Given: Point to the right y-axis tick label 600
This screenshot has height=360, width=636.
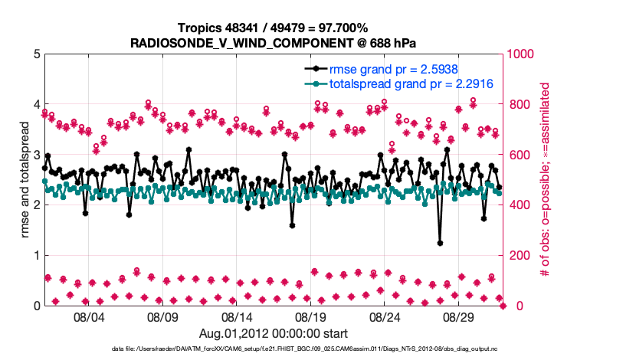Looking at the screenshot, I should [x=520, y=155].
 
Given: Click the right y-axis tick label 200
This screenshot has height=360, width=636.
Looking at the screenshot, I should [x=520, y=255].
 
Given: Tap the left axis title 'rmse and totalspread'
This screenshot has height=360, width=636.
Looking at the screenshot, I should [x=25, y=180].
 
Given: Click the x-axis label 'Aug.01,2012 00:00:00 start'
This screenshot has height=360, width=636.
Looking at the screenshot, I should [x=274, y=333].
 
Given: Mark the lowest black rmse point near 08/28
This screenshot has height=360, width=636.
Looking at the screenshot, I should [x=440, y=243].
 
